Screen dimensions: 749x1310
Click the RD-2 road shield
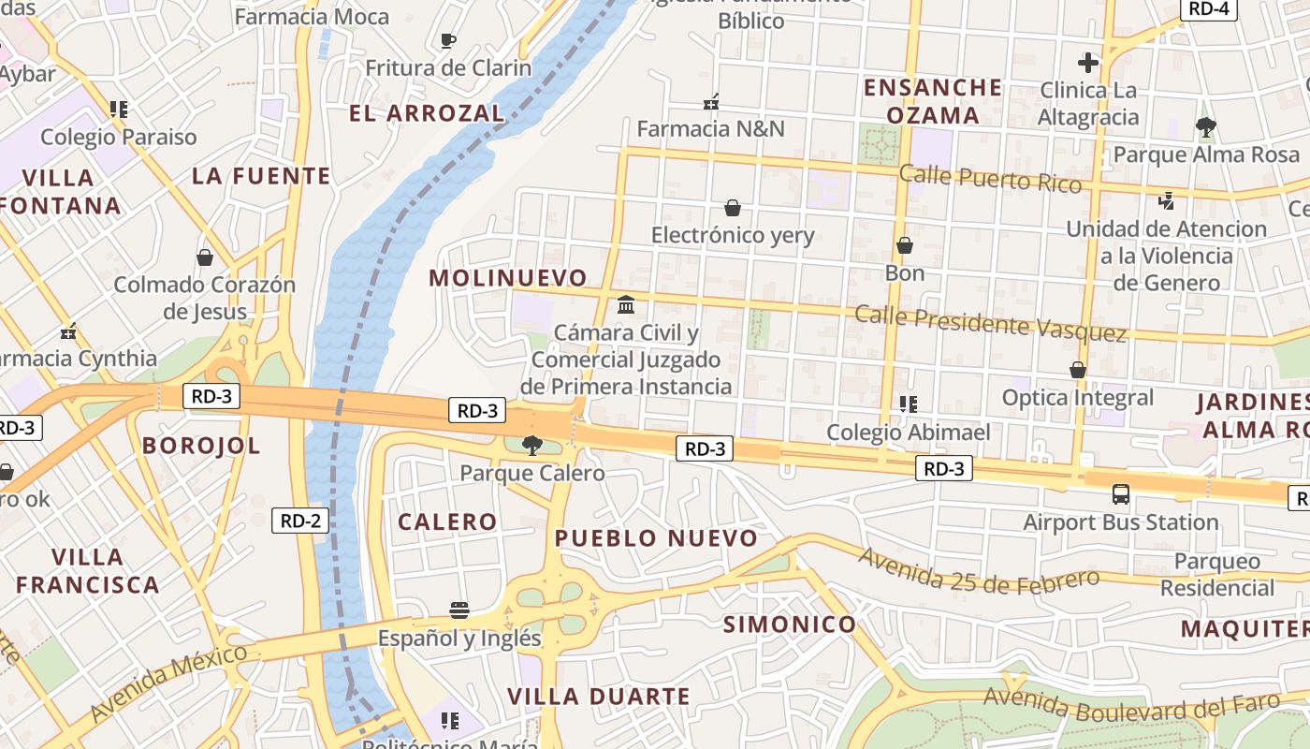(300, 521)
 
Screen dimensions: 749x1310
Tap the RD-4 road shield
(1208, 8)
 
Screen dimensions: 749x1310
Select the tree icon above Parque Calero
(532, 445)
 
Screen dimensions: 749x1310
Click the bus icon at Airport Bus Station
(1120, 493)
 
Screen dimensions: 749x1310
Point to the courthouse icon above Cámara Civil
(626, 304)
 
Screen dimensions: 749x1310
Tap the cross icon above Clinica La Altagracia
(1087, 63)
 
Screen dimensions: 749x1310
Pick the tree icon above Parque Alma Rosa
(1206, 126)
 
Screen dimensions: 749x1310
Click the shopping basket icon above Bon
(904, 245)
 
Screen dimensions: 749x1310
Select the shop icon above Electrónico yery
(733, 207)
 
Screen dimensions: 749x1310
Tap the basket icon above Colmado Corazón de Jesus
(205, 257)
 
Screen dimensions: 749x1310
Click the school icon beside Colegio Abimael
(908, 404)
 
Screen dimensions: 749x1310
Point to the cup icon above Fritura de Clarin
(447, 40)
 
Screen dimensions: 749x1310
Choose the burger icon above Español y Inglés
(458, 610)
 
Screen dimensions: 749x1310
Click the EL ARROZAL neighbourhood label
(427, 113)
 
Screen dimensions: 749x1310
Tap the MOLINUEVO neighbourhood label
(508, 277)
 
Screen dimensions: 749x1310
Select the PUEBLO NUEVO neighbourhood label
(656, 537)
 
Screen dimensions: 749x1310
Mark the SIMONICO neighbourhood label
(790, 624)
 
